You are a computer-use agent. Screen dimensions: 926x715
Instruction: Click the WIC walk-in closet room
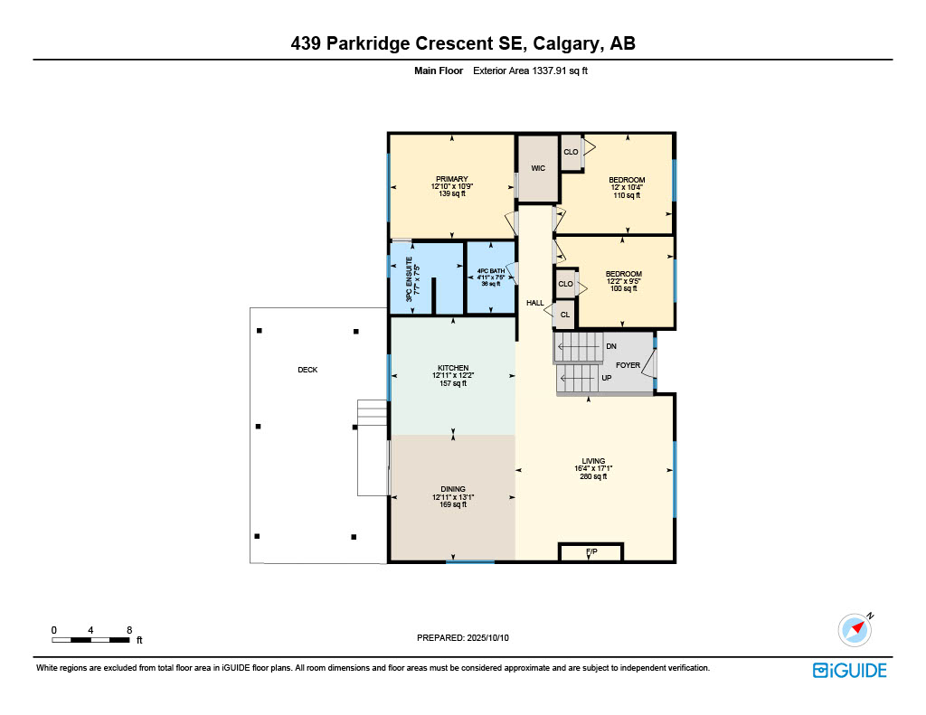coord(538,169)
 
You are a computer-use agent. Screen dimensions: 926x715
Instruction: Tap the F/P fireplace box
coord(591,552)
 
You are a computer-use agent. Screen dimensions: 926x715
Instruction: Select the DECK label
coord(307,370)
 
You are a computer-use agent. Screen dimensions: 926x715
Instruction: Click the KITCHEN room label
coord(453,368)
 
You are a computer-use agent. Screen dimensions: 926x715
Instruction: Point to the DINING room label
coord(453,489)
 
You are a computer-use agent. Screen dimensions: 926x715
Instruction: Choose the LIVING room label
coord(593,461)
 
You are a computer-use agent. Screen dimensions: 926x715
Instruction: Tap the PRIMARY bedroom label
coord(452,179)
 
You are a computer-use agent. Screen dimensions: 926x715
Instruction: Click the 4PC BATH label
coord(491,271)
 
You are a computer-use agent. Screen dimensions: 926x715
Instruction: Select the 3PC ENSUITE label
coord(409,279)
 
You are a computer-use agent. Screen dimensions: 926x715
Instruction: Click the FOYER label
coord(628,365)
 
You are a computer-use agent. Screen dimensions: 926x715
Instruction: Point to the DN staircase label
coord(611,346)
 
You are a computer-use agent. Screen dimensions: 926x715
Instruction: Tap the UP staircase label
coord(607,378)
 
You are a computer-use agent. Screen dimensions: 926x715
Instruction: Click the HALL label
coord(535,303)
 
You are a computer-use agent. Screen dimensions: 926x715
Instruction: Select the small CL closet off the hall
coord(564,315)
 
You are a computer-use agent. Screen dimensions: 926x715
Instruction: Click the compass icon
coord(855,630)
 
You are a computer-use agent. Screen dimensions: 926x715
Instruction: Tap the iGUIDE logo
coord(849,671)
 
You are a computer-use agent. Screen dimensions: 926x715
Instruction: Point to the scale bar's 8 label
coord(129,630)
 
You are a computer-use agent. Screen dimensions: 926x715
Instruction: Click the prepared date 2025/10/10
coord(487,637)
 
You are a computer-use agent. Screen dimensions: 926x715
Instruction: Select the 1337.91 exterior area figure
coord(549,71)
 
